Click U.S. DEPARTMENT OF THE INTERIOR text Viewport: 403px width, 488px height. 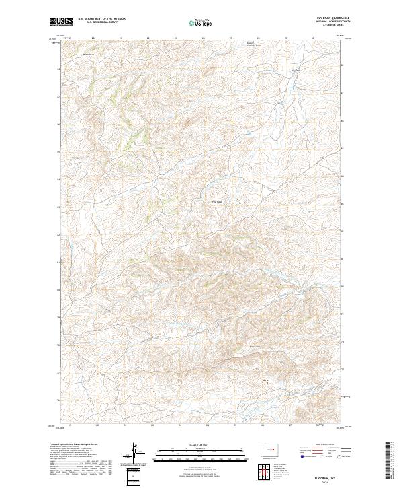101,18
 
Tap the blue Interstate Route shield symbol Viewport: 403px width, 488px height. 303,456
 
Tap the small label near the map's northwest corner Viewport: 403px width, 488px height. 86,55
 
